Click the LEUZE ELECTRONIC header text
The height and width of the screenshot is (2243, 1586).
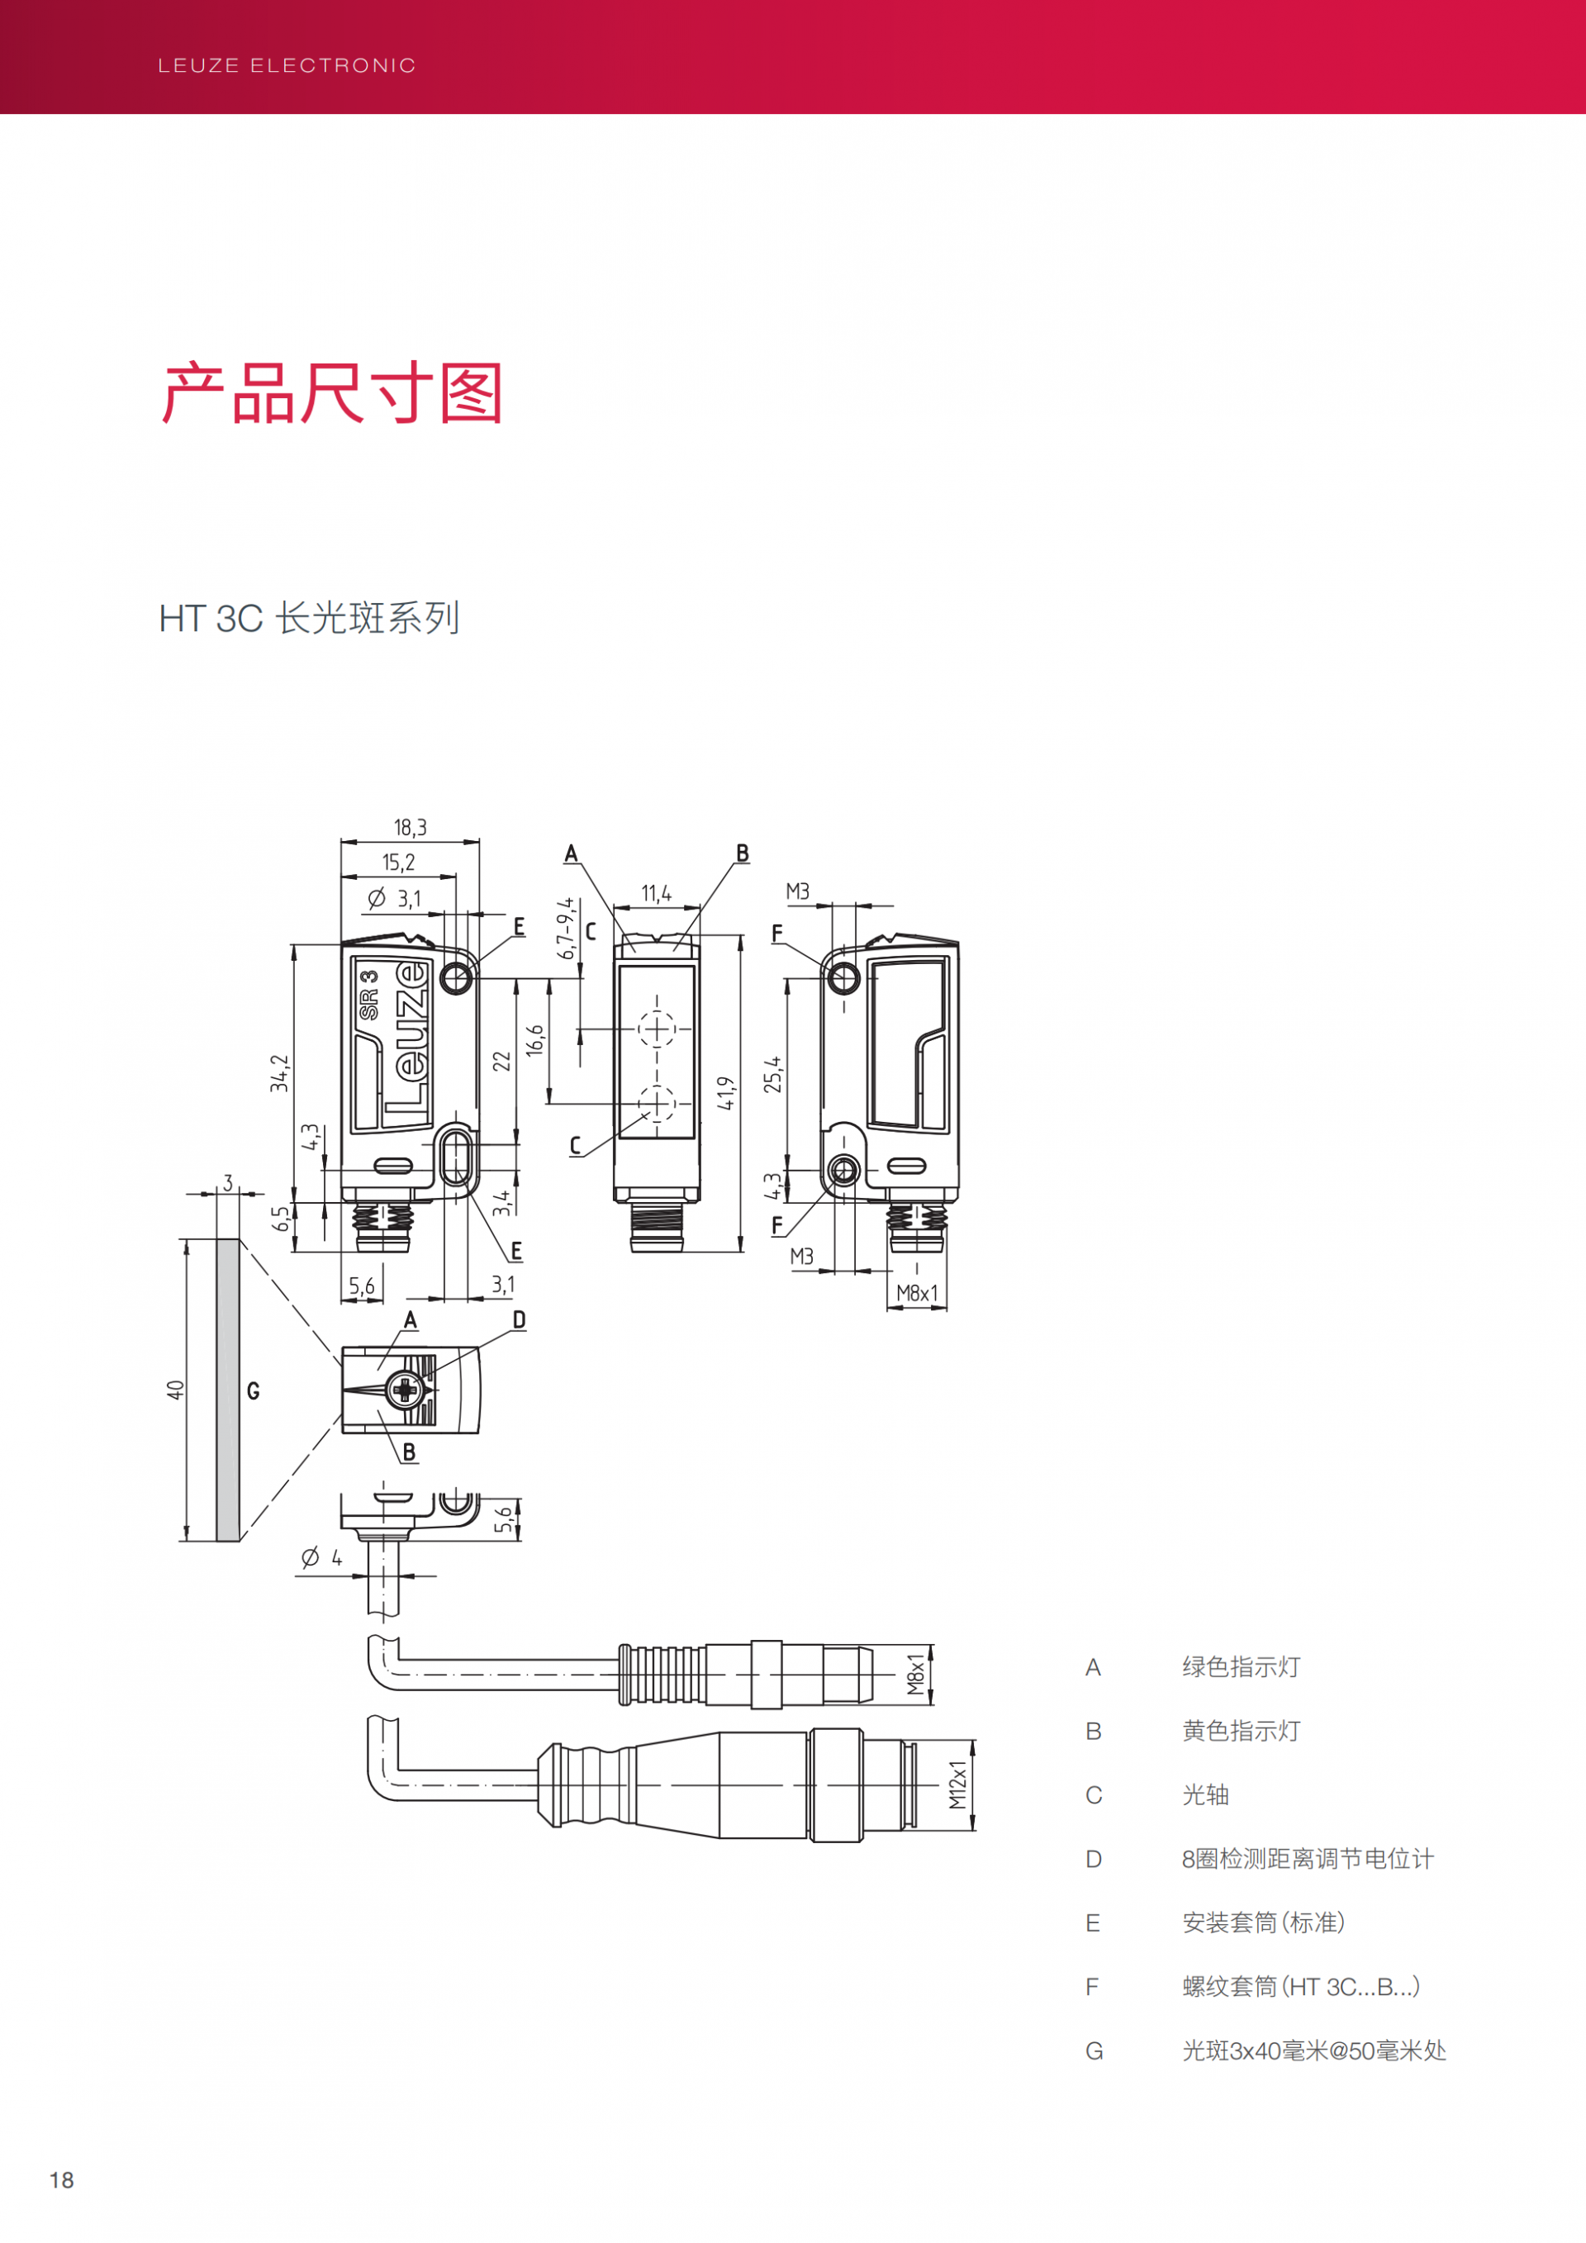[286, 65]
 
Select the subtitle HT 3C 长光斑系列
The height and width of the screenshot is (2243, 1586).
[309, 619]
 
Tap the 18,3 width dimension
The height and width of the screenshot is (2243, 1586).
[411, 829]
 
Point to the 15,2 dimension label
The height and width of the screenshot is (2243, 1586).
[398, 863]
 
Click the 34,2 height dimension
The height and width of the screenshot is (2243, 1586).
[280, 1072]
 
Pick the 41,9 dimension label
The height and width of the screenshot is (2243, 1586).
[725, 1093]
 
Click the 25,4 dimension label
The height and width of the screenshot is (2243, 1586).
[773, 1074]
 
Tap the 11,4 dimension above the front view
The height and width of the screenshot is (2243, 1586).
[656, 894]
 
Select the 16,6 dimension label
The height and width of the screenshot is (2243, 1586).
[535, 1040]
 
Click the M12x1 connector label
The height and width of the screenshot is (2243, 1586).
[958, 1784]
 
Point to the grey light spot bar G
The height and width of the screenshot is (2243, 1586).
[227, 1390]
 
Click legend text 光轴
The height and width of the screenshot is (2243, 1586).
[1205, 1794]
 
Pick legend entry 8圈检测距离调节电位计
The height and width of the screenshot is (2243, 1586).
[1308, 1859]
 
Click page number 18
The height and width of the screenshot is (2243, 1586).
[61, 2180]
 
